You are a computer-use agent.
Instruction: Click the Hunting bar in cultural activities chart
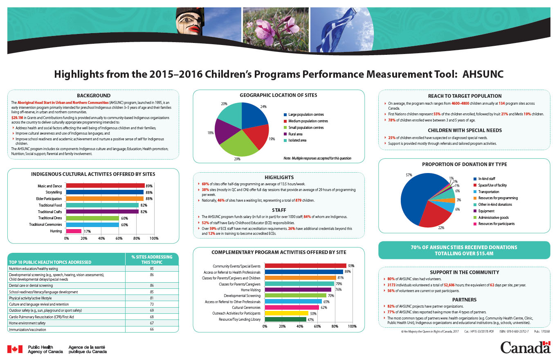tap(74, 231)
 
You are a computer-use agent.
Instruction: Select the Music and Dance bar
tap(106, 186)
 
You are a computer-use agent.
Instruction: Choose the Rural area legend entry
tap(295, 134)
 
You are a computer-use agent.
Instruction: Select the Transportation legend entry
tap(488, 191)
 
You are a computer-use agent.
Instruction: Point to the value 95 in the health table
tap(151, 269)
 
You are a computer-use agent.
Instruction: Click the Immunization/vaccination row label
tap(28, 329)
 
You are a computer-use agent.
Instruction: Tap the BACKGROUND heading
tap(94, 96)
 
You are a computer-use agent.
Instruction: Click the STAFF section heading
tap(279, 210)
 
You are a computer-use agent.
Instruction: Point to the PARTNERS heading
tap(464, 299)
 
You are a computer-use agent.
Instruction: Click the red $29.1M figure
tap(17, 117)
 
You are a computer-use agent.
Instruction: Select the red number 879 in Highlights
tap(299, 200)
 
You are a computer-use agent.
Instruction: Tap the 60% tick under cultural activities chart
tap(119, 239)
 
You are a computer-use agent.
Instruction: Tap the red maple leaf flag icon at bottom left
tap(15, 349)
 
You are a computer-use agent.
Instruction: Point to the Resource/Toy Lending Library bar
tap(285, 319)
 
